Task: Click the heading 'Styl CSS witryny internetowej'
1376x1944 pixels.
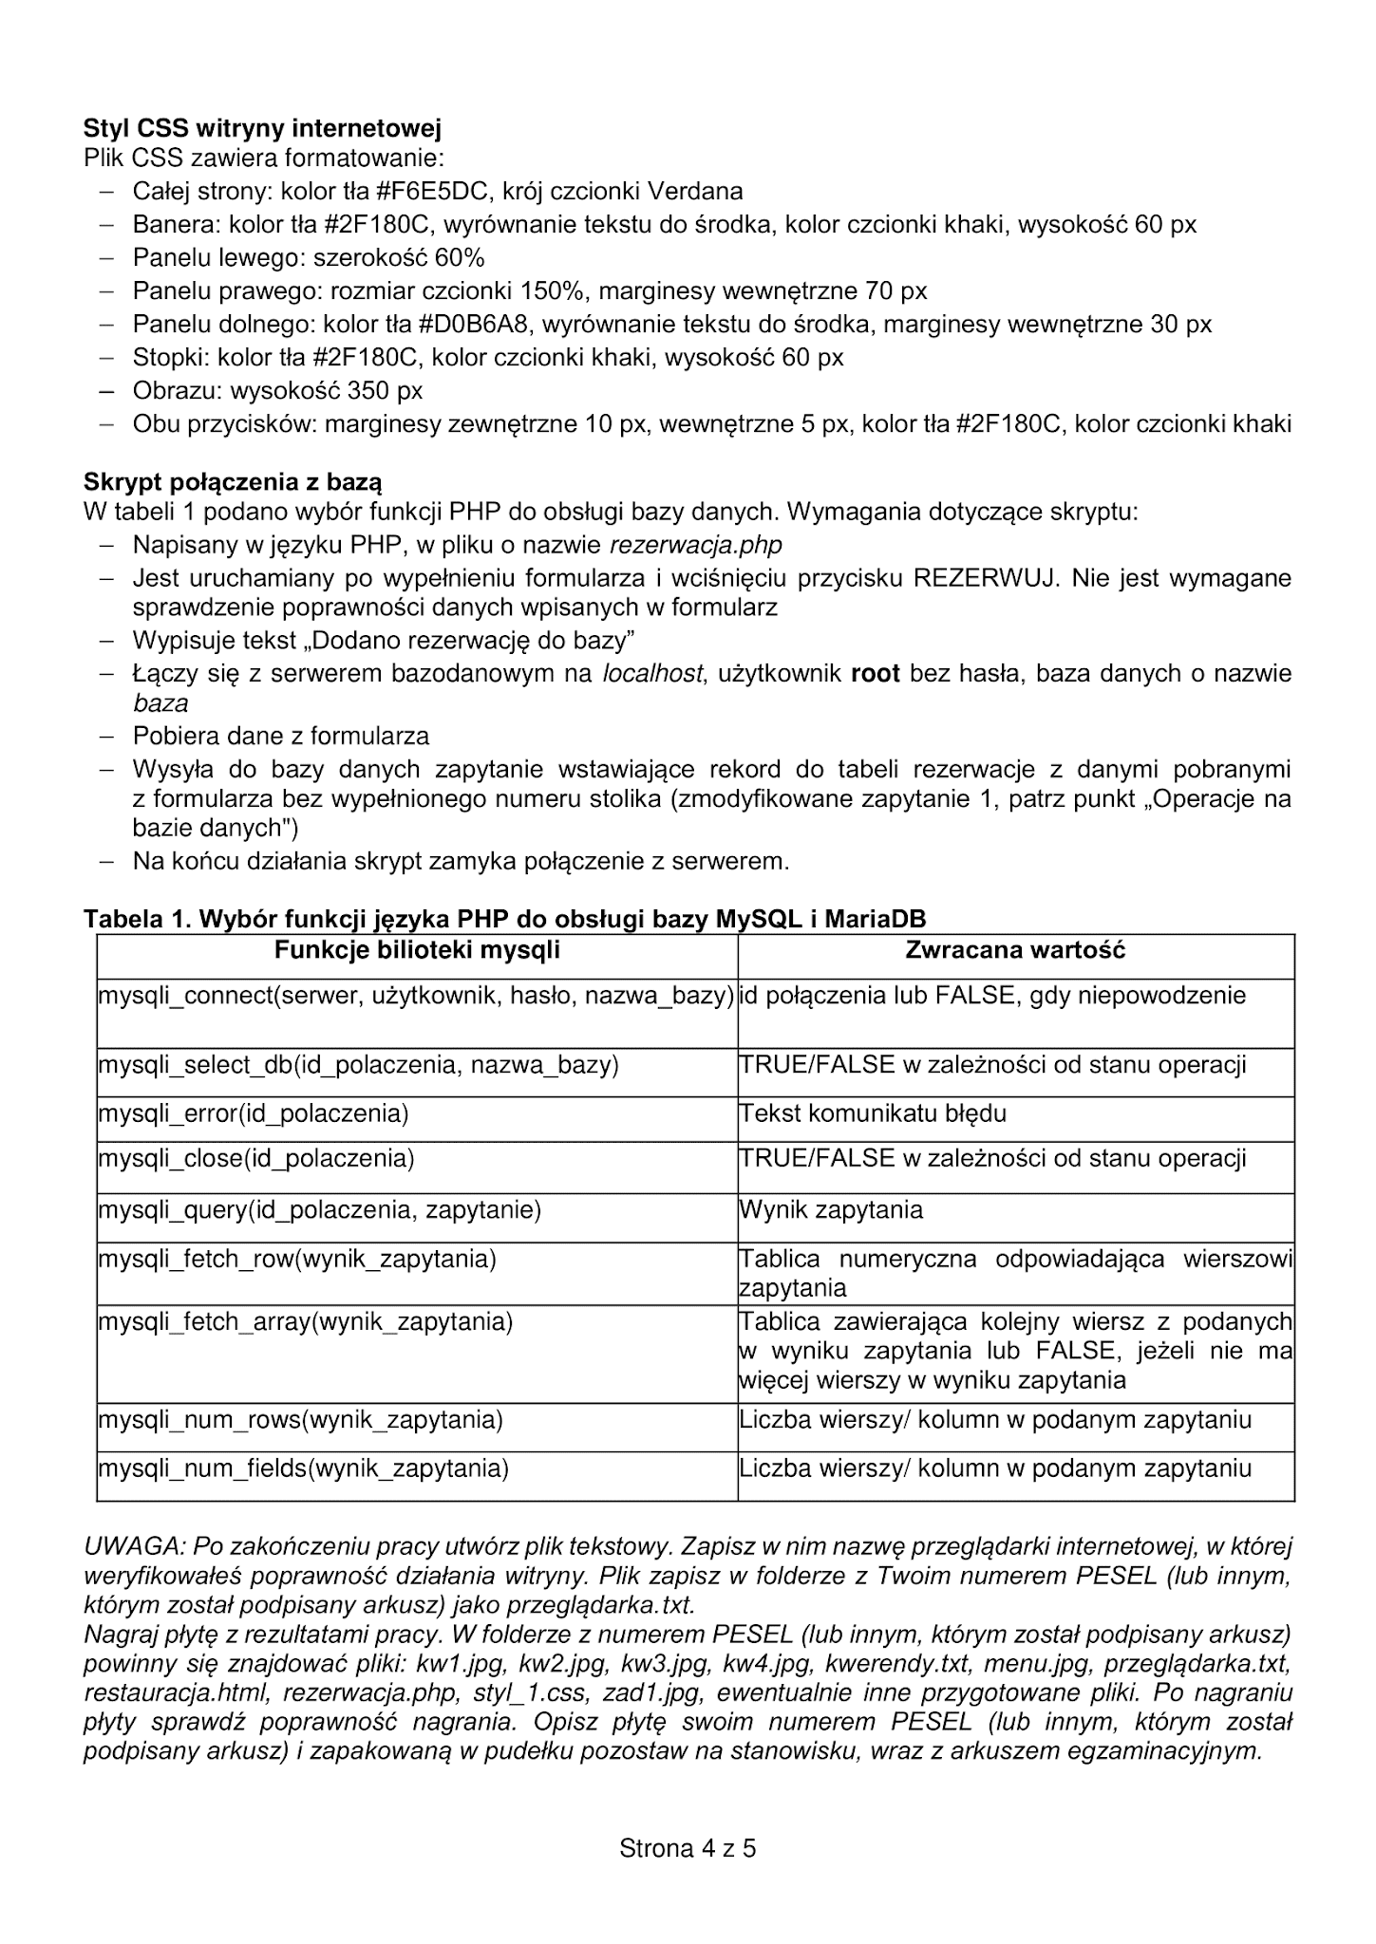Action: (262, 128)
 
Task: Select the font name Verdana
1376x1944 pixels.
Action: (695, 192)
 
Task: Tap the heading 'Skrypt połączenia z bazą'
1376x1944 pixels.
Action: (233, 482)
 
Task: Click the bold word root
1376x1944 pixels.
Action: (876, 674)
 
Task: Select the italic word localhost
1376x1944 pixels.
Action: (653, 674)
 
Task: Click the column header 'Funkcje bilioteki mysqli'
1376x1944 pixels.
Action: (417, 950)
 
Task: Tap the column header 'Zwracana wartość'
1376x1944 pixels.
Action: (1015, 950)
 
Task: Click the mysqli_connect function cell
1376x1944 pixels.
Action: (417, 997)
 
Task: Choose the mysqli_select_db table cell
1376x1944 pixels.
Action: (359, 1065)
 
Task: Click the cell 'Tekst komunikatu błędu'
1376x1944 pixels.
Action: (873, 1113)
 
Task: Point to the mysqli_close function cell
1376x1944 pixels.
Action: (256, 1159)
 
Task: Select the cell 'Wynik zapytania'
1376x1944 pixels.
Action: (831, 1210)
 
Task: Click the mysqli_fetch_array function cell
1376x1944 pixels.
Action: (306, 1322)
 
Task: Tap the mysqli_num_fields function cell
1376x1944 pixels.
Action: (304, 1469)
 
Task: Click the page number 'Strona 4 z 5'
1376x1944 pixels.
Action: (688, 1848)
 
